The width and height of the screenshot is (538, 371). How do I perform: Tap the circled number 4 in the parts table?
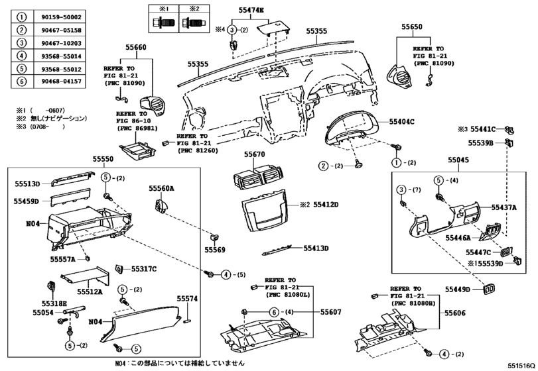coord(22,56)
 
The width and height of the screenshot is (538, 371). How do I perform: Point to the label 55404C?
coord(401,122)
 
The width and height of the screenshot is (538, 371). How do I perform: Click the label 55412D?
coord(326,205)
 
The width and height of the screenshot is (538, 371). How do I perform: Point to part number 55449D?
coord(458,290)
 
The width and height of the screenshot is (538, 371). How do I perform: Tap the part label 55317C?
coord(143,269)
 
